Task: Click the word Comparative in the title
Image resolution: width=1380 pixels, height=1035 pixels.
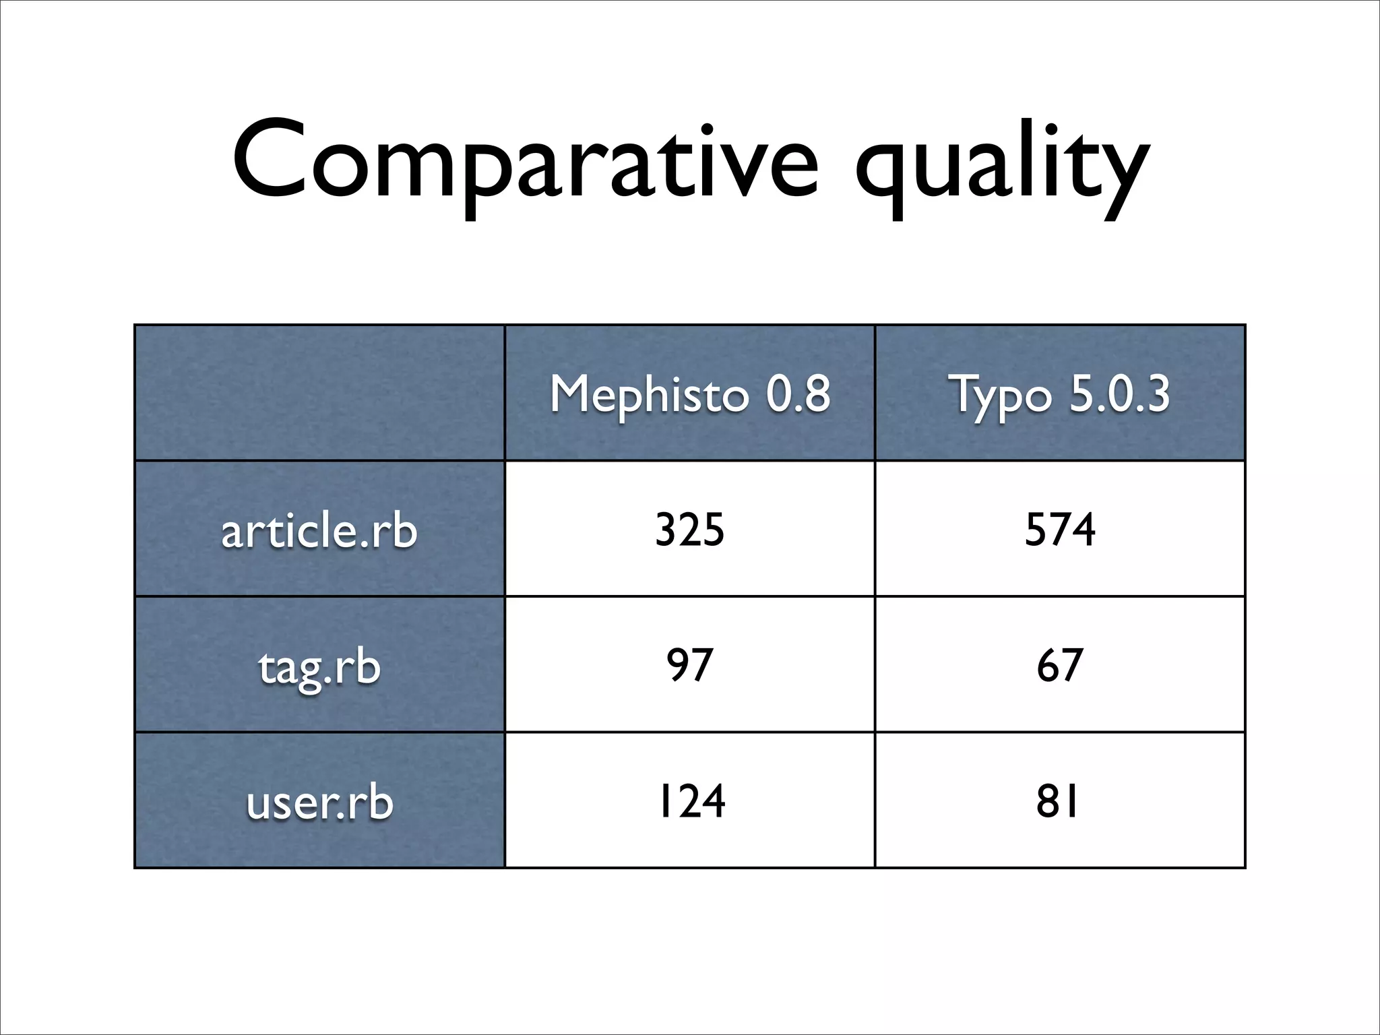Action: tap(526, 162)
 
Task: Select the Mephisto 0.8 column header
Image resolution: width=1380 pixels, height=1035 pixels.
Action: tap(689, 394)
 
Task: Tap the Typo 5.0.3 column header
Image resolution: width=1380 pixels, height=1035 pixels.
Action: tap(1059, 394)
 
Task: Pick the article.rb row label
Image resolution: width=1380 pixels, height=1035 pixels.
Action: tap(319, 530)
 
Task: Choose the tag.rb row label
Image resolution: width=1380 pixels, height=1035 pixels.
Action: tap(319, 666)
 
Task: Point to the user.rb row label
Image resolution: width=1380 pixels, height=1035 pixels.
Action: tap(319, 802)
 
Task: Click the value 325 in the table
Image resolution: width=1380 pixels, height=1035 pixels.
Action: tap(689, 530)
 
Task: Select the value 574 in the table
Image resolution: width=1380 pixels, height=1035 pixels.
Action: tap(1059, 530)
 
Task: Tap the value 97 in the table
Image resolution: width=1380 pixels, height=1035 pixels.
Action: tap(689, 665)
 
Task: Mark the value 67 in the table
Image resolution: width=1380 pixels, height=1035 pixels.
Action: tap(1059, 665)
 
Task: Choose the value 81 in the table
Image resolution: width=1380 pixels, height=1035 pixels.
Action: tap(1058, 801)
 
